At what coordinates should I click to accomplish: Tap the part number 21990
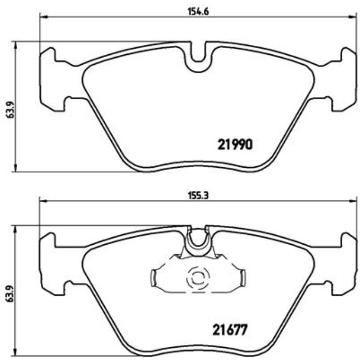tap(234, 145)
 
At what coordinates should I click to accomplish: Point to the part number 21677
tap(229, 329)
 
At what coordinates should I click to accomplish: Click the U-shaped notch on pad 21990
tap(198, 58)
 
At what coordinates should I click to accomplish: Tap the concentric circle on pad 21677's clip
tap(198, 276)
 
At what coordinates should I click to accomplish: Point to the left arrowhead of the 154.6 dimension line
tap(42, 17)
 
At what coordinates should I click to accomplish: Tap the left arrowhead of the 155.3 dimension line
tap(41, 201)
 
